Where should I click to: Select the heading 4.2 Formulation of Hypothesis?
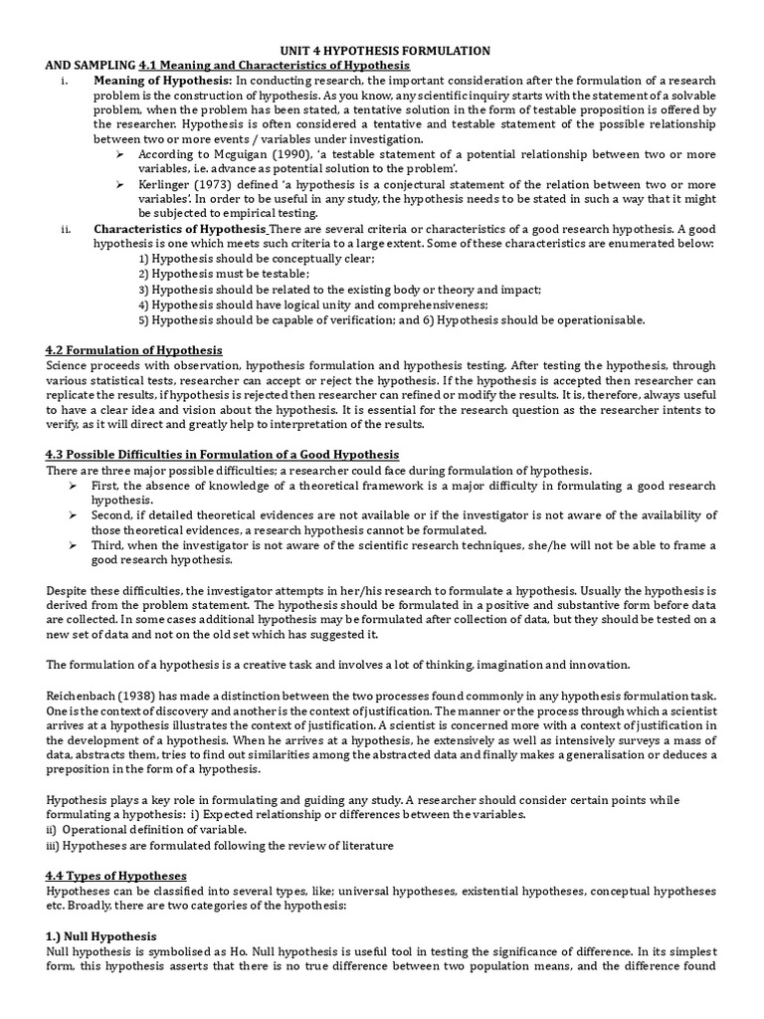[134, 350]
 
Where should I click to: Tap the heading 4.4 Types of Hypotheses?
[116, 875]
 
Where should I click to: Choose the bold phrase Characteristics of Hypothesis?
[180, 229]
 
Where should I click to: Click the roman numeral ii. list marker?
[66, 229]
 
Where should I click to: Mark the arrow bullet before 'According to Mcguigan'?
[119, 155]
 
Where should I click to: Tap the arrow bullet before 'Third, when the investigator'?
[74, 544]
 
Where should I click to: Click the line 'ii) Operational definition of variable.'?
[146, 829]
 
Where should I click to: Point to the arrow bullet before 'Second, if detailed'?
[74, 514]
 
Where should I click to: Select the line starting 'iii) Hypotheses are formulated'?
[220, 845]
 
